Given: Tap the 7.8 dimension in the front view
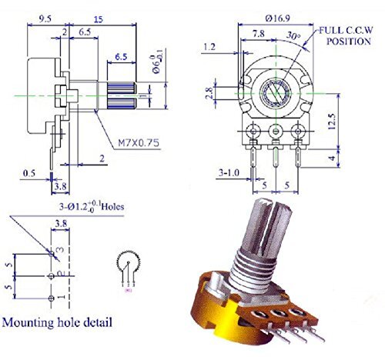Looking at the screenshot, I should (x=259, y=33).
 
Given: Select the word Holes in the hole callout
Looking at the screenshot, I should (x=108, y=206).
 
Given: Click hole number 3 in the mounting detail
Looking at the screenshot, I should (x=51, y=252).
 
